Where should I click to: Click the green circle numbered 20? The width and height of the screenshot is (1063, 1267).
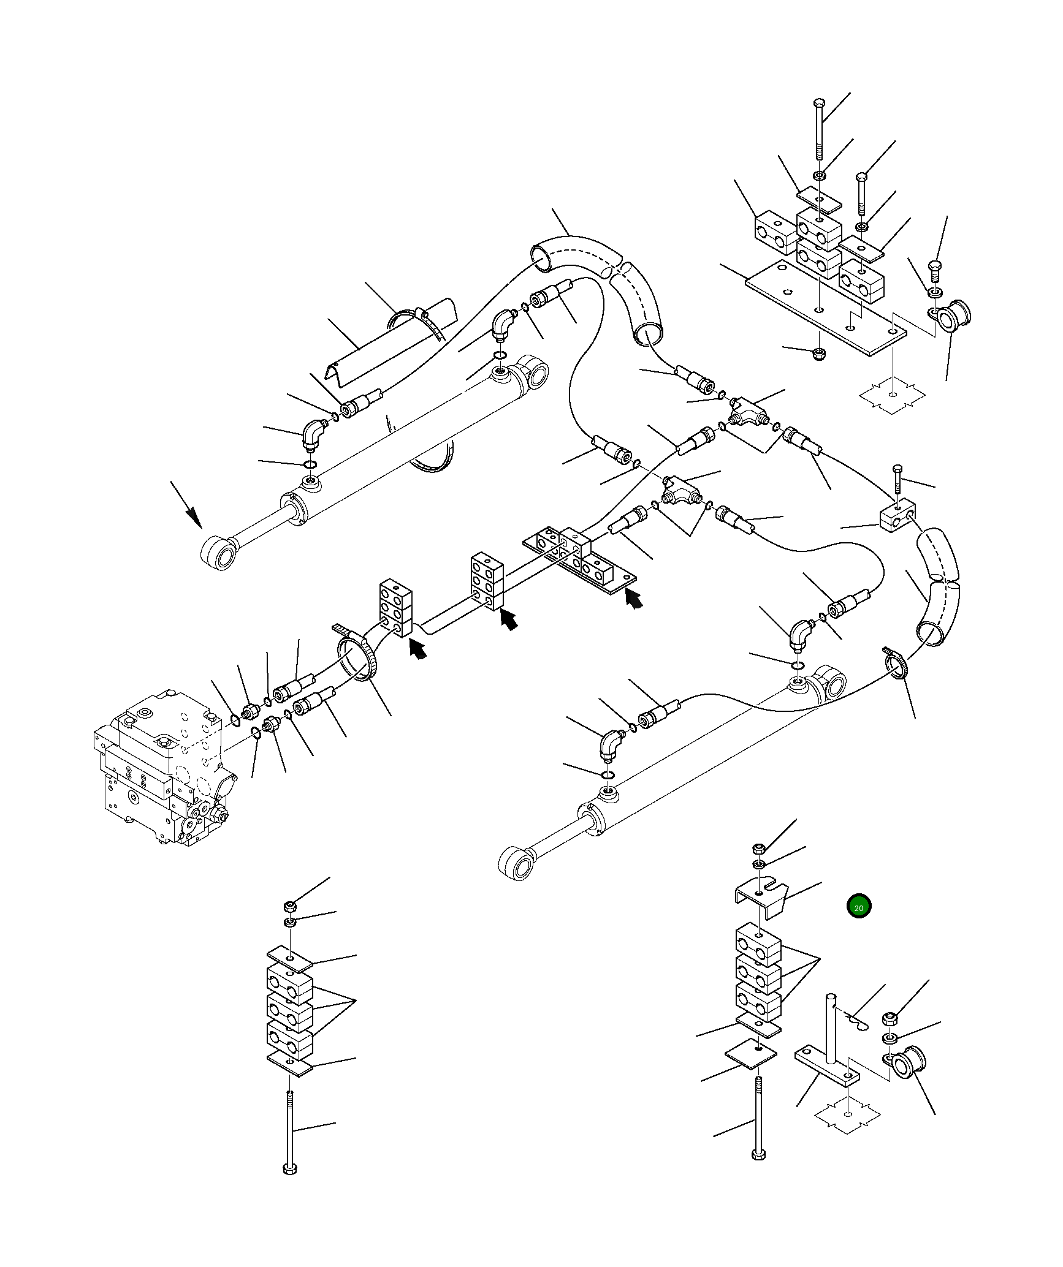[858, 907]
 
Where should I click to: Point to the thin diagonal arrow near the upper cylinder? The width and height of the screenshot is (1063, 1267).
[186, 504]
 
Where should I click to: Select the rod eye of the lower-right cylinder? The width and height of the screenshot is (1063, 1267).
[516, 864]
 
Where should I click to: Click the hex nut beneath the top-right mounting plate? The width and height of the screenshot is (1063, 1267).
[820, 354]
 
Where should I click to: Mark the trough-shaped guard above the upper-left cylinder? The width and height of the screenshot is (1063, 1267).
[392, 346]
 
